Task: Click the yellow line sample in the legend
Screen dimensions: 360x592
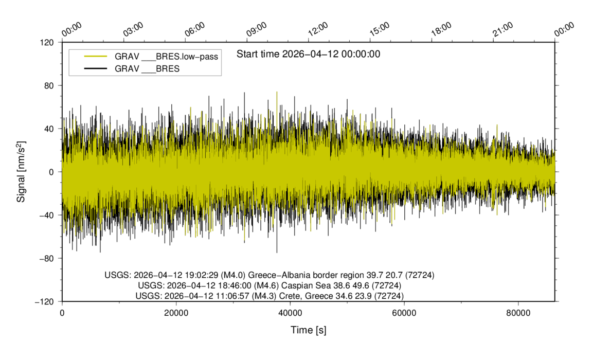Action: point(95,57)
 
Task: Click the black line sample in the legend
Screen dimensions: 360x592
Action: point(95,68)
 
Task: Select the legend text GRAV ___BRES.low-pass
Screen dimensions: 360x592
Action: point(167,57)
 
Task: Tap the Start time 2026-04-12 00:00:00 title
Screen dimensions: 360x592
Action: point(308,54)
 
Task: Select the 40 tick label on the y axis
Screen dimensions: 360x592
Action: point(50,129)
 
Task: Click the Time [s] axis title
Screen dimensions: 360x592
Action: point(308,330)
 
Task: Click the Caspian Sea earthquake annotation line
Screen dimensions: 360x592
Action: point(270,285)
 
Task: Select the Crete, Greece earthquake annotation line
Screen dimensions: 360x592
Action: point(270,296)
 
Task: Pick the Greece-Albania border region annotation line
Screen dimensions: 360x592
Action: point(270,275)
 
